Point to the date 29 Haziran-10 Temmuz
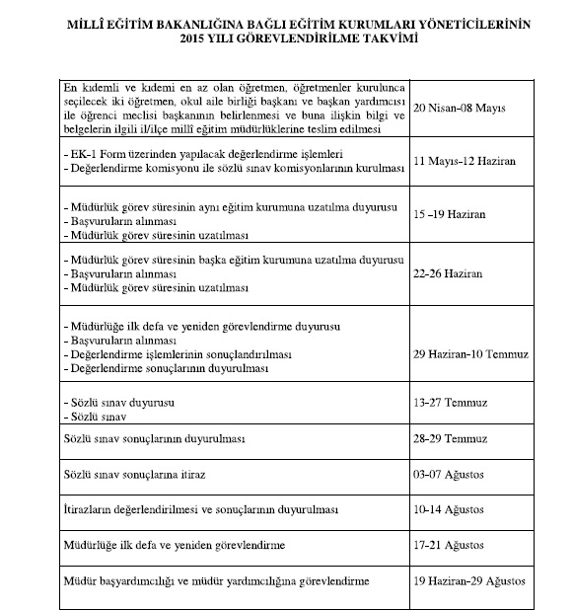[x=473, y=352]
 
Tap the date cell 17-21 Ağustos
[x=451, y=545]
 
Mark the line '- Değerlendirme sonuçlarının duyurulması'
[x=163, y=367]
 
